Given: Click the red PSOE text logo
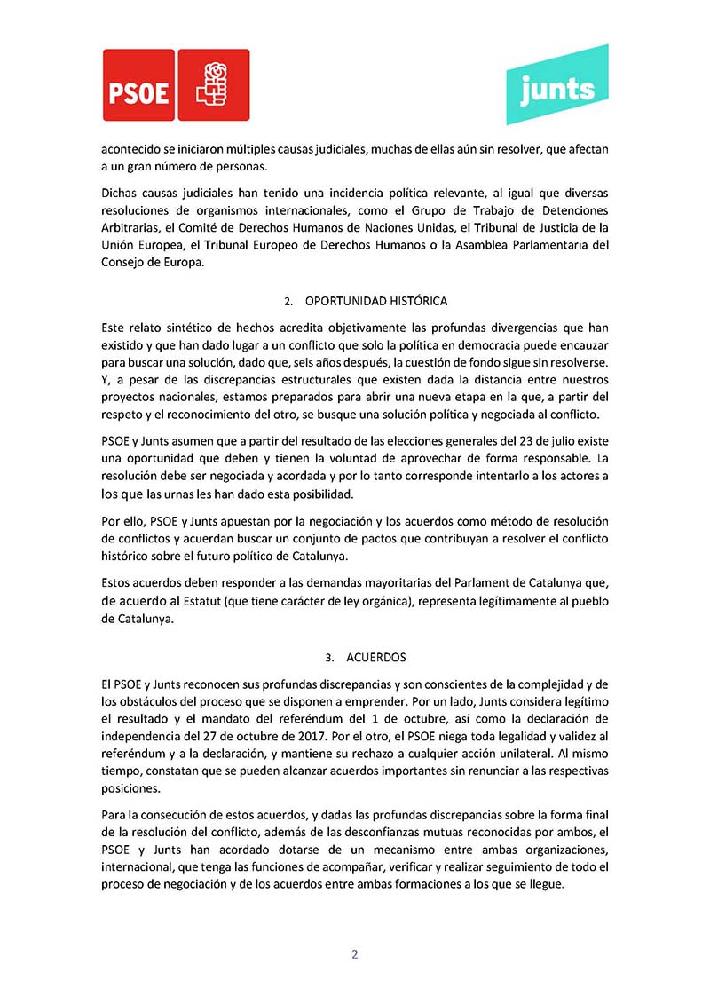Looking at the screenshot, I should click(138, 85).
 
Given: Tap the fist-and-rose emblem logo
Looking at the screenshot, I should click(213, 85).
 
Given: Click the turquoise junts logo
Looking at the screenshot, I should click(556, 85).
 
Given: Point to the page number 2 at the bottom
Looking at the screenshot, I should click(355, 955).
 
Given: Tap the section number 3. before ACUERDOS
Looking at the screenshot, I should click(329, 658).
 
